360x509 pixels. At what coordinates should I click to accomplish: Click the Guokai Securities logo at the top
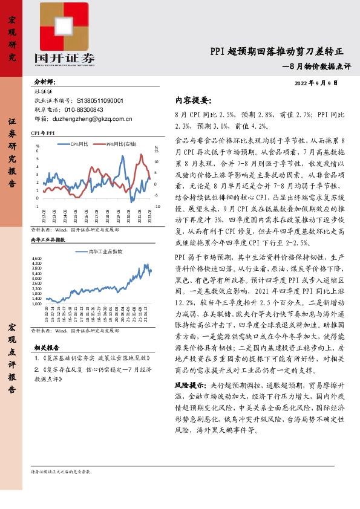64,36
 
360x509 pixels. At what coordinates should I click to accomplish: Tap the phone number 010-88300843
83,110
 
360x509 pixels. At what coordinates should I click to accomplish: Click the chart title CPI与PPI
43,132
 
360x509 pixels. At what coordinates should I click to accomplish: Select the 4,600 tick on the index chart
36,242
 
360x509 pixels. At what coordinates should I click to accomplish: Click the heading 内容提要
193,100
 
